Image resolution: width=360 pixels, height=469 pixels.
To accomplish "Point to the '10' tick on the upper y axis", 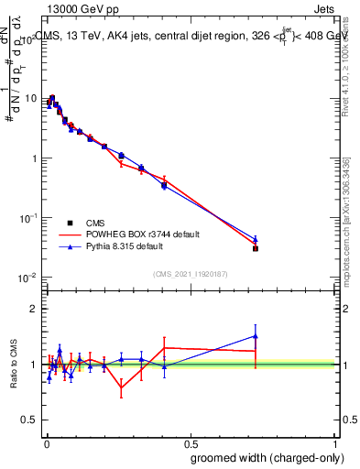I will pos(31,99).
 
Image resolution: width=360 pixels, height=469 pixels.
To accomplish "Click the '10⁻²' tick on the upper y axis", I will pos(29,278).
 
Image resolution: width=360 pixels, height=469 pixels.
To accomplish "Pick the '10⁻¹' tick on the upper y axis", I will pos(29,218).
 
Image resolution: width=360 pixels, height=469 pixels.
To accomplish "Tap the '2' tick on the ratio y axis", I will pos(35,309).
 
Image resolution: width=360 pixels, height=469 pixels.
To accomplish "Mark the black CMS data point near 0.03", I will pos(256,248).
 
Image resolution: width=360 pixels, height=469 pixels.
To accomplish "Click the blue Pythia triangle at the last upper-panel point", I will pos(256,239).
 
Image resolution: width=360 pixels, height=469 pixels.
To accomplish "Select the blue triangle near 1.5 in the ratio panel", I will pos(256,336).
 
